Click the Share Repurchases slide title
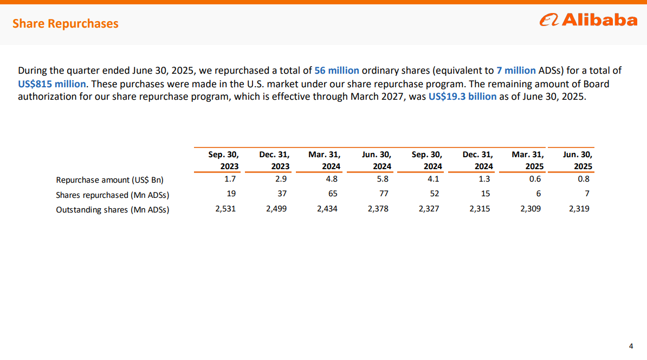coord(65,23)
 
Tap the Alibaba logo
coord(588,21)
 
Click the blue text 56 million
coord(337,70)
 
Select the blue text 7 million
coord(516,70)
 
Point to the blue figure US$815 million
coord(51,84)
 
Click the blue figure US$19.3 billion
coord(462,97)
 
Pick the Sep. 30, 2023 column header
coord(223,160)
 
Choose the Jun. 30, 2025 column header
coord(577,160)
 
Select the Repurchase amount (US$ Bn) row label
coord(109,180)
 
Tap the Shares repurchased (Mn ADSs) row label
coord(116,195)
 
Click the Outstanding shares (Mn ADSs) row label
coord(112,210)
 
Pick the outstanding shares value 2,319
coord(579,209)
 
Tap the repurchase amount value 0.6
coord(535,179)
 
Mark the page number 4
coord(630,346)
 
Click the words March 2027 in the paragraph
coord(376,97)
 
